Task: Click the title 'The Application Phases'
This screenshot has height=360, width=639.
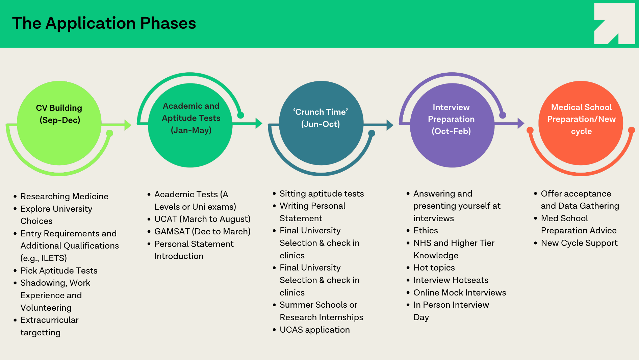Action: coord(104,23)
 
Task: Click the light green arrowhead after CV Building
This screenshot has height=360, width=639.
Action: coord(128,125)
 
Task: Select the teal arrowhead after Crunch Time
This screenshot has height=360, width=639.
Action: coord(390,125)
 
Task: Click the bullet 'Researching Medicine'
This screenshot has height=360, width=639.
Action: coord(64,197)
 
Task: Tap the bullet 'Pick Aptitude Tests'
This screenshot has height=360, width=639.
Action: coord(59,271)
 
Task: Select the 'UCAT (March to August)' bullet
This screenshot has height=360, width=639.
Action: coord(202,219)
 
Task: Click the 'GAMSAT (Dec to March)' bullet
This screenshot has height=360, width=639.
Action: coord(202,232)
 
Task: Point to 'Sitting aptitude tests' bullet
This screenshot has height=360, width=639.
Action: coord(322,194)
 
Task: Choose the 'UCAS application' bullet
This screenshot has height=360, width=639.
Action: coord(314,330)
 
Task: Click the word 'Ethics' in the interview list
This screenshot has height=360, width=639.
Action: coord(426,231)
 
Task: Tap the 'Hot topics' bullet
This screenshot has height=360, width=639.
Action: coord(434,268)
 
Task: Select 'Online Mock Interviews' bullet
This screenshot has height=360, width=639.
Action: coord(460,293)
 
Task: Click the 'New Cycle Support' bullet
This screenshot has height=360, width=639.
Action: coord(579,243)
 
